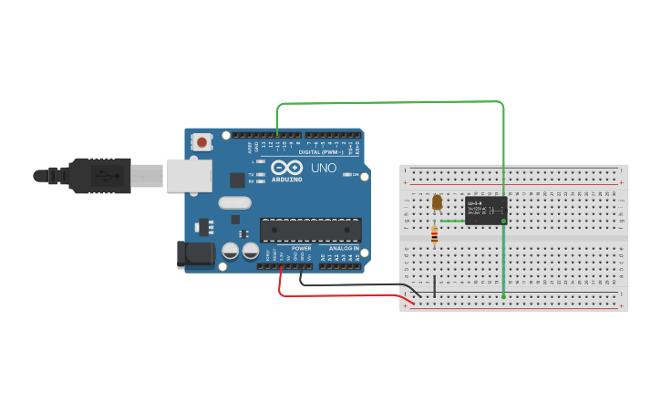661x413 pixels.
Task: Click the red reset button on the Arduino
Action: click(201, 141)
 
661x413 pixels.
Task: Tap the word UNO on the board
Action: click(324, 169)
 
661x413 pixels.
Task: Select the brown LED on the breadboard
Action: click(437, 201)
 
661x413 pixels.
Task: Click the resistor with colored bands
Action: click(434, 236)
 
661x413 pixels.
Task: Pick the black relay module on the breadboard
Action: click(485, 211)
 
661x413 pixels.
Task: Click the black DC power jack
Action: click(195, 254)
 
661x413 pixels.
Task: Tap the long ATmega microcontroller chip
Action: click(310, 231)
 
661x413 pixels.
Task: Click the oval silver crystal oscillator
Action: click(233, 203)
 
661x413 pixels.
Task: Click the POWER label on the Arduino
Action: click(301, 248)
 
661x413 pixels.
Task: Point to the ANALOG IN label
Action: click(344, 248)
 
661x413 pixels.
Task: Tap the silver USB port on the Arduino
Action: click(189, 175)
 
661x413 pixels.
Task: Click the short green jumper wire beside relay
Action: click(452, 221)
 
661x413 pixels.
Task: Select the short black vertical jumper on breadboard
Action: click(434, 286)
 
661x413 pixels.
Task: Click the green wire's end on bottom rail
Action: click(504, 296)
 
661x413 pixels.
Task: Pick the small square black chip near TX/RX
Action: click(237, 180)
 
